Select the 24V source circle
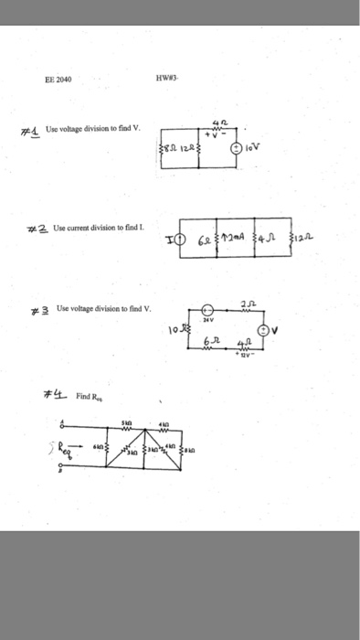click(206, 310)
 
